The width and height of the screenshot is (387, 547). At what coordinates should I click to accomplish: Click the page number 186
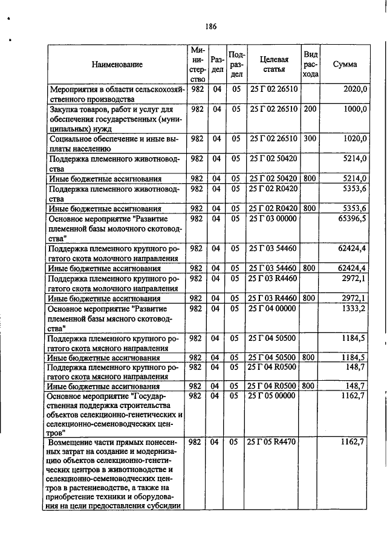pos(210,26)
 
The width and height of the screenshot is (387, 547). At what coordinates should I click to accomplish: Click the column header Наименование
pos(117,64)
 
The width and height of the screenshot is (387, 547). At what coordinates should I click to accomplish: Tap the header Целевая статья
pos(274,64)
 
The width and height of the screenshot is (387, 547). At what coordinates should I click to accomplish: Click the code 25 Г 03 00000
pos(273,218)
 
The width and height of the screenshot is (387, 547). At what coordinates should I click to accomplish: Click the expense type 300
pos(310,138)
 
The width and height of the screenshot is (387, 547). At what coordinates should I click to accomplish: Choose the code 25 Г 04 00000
pos(273,308)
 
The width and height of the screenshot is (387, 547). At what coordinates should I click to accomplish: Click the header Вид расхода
pos(311,64)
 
